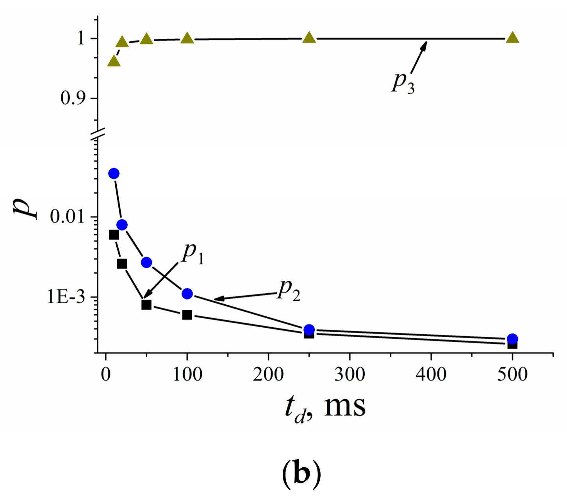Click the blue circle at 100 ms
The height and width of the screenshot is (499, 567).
coord(187,294)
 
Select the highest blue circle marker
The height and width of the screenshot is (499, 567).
coord(114,174)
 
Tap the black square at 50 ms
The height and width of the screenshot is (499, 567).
coord(146,305)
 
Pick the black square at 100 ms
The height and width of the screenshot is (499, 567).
coord(187,315)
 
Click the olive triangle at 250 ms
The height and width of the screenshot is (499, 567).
coord(309,38)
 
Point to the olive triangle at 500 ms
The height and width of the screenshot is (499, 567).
coord(512,38)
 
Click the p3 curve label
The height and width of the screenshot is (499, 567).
coord(403,83)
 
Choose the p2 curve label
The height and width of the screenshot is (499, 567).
coord(289,290)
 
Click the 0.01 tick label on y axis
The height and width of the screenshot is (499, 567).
coord(67,216)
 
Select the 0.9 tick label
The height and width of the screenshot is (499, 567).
coord(73,98)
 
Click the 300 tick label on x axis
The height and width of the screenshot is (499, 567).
coord(349,374)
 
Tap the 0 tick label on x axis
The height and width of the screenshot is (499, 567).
coord(106,374)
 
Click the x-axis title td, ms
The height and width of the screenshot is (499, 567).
coord(325,407)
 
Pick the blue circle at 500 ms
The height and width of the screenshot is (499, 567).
coord(512,339)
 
